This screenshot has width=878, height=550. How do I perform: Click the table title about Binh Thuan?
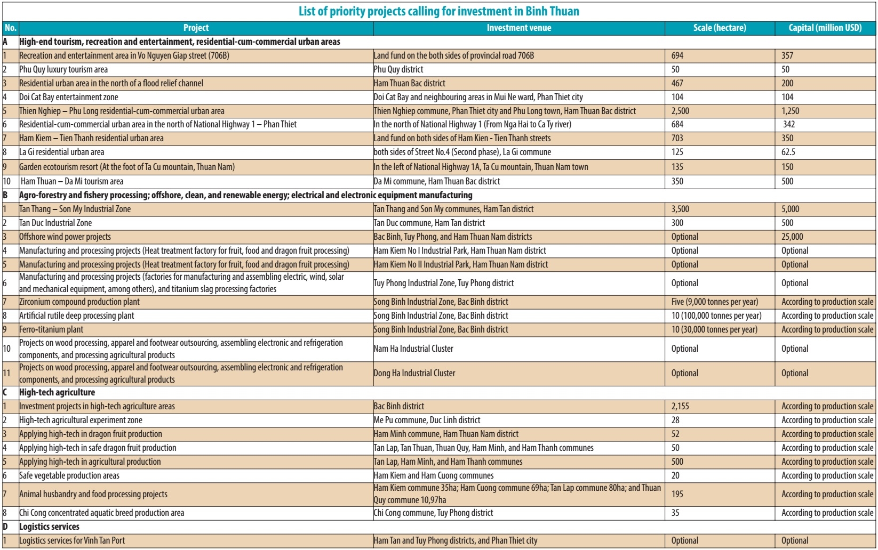[438, 11]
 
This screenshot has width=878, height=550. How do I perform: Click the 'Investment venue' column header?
[518, 28]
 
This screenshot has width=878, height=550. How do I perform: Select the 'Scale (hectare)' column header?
[719, 28]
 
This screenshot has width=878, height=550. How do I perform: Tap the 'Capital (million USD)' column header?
[825, 28]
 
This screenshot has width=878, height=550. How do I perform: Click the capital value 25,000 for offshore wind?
[792, 237]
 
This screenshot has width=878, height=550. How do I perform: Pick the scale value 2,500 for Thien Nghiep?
[680, 111]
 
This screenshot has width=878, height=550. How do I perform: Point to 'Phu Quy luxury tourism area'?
[63, 69]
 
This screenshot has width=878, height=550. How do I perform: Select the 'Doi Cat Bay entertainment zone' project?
[69, 97]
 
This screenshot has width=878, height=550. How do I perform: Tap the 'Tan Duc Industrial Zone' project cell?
[55, 223]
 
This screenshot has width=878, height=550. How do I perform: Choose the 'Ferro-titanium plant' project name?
[51, 329]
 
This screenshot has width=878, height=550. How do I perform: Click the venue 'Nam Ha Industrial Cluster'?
[413, 349]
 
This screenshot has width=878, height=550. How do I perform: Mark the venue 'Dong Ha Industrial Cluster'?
[414, 373]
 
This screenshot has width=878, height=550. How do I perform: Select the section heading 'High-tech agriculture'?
[57, 392]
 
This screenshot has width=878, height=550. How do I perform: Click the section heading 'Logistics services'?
[49, 527]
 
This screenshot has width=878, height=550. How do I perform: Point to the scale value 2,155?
[680, 406]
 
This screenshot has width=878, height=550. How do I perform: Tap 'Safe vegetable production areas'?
[69, 475]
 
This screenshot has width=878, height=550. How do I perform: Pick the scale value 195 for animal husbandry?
[677, 494]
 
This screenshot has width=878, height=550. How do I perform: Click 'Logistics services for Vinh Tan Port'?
[72, 540]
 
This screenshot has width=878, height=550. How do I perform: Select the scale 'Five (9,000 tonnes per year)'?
[714, 302]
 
